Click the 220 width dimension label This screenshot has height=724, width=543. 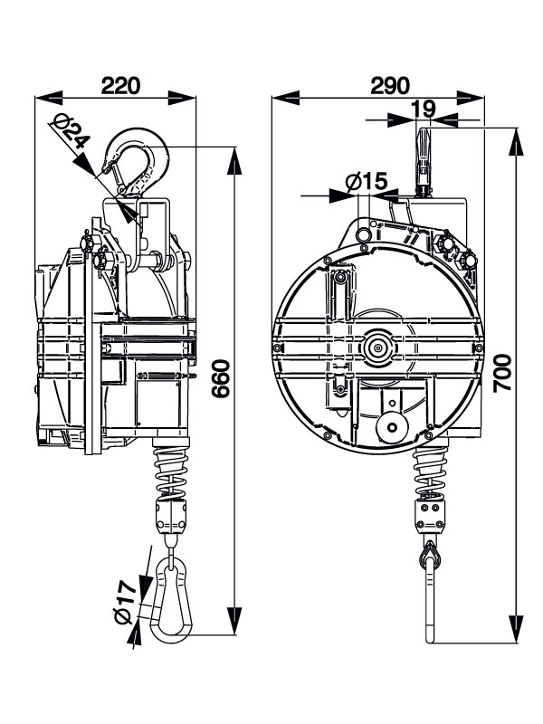click(x=119, y=85)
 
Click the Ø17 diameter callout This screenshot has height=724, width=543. click(x=128, y=601)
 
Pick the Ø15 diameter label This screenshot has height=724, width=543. click(x=367, y=182)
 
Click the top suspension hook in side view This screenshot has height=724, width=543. click(x=135, y=163)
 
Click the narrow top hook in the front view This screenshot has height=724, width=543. click(x=423, y=158)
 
